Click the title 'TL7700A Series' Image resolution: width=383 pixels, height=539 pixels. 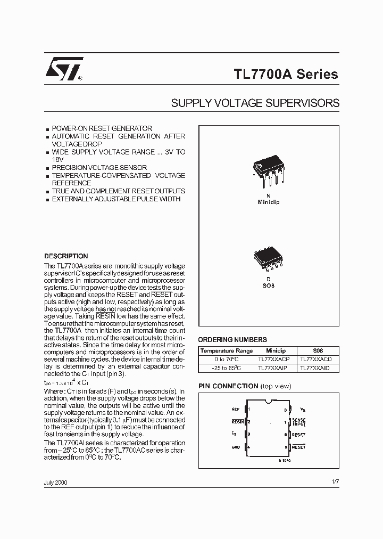click(286, 75)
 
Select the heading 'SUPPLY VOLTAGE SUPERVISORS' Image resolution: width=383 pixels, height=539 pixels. click(255, 103)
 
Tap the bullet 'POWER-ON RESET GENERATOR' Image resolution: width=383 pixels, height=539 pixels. click(101, 128)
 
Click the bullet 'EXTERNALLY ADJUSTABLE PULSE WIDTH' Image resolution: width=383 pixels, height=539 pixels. click(116, 199)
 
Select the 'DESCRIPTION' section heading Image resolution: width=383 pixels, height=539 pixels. click(66, 256)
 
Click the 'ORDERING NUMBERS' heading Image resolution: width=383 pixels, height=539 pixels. click(232, 339)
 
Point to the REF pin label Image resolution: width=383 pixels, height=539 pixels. click(235, 410)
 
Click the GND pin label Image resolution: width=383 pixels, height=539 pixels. click(235, 447)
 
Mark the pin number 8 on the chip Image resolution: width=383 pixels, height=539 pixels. click(285, 410)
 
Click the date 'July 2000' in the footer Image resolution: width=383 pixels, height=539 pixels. click(56, 482)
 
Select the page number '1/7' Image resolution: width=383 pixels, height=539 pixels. click(335, 481)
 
